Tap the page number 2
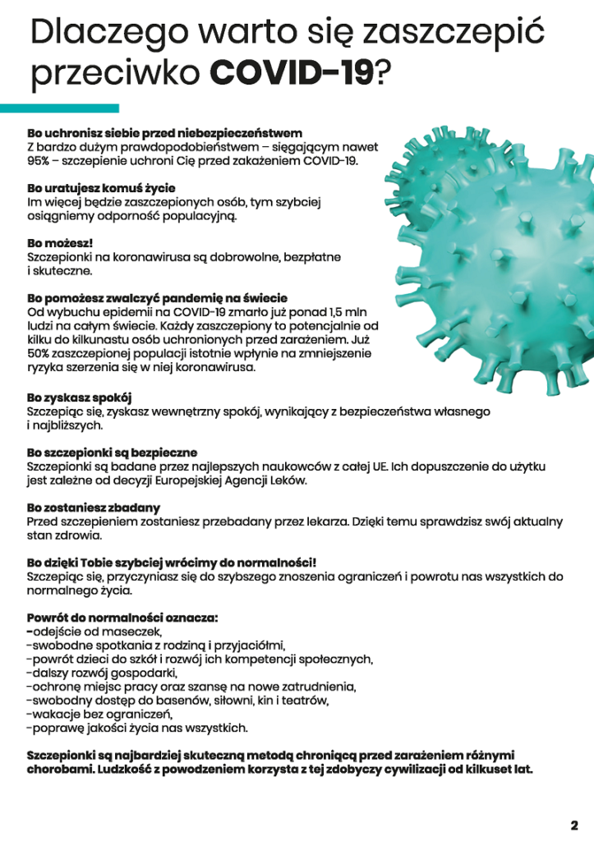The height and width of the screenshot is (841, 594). click(x=574, y=825)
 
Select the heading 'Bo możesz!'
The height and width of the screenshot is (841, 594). click(x=60, y=244)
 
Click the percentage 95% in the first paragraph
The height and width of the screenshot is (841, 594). click(x=39, y=161)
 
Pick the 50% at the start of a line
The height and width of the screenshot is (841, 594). click(x=39, y=352)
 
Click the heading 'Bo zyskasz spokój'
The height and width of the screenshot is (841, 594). click(x=79, y=397)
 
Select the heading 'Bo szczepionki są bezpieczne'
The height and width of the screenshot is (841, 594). click(x=112, y=453)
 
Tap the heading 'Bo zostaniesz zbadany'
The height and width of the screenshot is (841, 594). click(x=93, y=508)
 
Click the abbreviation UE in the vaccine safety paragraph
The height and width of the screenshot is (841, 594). click(x=380, y=466)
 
